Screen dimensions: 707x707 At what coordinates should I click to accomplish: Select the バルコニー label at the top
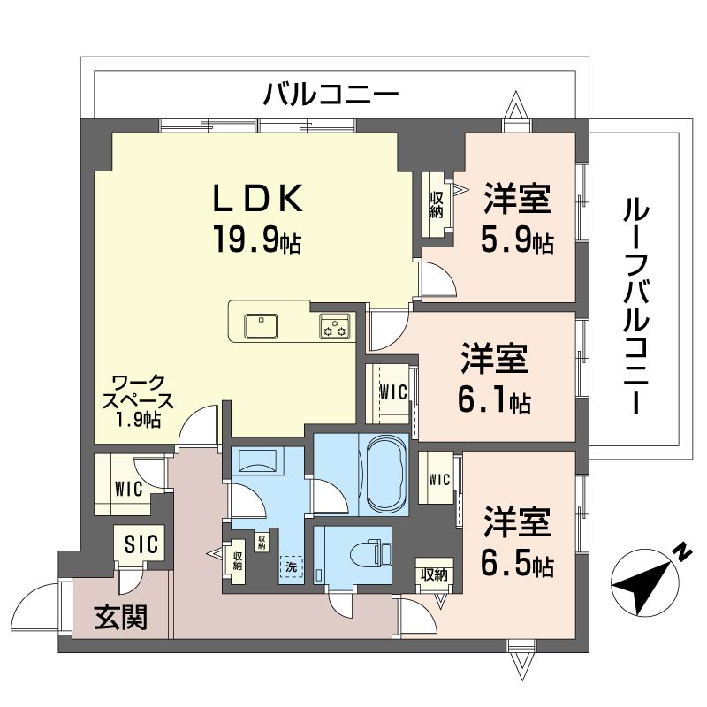(x=331, y=93)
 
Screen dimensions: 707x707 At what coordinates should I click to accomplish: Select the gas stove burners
(x=334, y=327)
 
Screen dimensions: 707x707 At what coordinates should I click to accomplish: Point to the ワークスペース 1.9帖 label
(x=137, y=402)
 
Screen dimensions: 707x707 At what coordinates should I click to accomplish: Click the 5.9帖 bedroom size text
(x=518, y=240)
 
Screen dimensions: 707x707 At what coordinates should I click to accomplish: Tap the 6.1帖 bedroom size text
(x=495, y=401)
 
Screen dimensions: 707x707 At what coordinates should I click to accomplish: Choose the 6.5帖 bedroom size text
(x=518, y=563)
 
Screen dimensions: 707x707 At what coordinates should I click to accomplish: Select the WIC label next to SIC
(x=128, y=487)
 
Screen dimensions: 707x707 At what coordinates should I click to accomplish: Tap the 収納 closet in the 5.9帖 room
(x=437, y=204)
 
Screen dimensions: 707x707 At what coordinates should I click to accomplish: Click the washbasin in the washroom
(x=257, y=460)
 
